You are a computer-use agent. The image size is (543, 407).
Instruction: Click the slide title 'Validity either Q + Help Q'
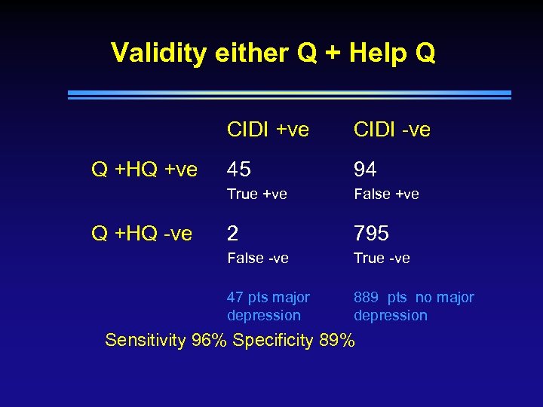(x=272, y=54)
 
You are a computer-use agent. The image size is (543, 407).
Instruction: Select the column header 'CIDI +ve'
(x=268, y=130)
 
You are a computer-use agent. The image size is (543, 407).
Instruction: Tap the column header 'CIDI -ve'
(x=391, y=130)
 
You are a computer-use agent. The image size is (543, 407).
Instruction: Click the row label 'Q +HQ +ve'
(x=144, y=170)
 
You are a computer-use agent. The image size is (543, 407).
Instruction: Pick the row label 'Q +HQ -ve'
(x=142, y=234)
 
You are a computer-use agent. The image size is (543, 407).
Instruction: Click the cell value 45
(x=239, y=170)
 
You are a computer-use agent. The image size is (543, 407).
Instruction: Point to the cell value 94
(x=365, y=170)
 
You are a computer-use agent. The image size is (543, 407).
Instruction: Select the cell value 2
(x=233, y=234)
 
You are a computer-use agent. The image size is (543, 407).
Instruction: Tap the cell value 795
(x=371, y=234)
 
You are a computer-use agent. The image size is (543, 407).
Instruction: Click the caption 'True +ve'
(x=256, y=194)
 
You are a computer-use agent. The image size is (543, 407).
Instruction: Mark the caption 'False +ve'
(x=385, y=194)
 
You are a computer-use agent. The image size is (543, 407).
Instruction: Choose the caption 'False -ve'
(x=257, y=258)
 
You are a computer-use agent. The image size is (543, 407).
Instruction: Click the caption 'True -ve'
(x=382, y=258)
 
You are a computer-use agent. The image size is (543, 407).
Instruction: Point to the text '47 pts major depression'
(x=268, y=306)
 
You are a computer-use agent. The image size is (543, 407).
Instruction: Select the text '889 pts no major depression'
(x=413, y=306)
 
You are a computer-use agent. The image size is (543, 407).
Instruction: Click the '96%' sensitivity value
(x=210, y=340)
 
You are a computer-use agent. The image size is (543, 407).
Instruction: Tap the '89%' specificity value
(x=336, y=340)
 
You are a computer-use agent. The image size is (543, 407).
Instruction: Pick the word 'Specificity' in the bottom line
(x=273, y=340)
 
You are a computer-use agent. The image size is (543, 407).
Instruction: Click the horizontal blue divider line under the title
(x=289, y=95)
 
